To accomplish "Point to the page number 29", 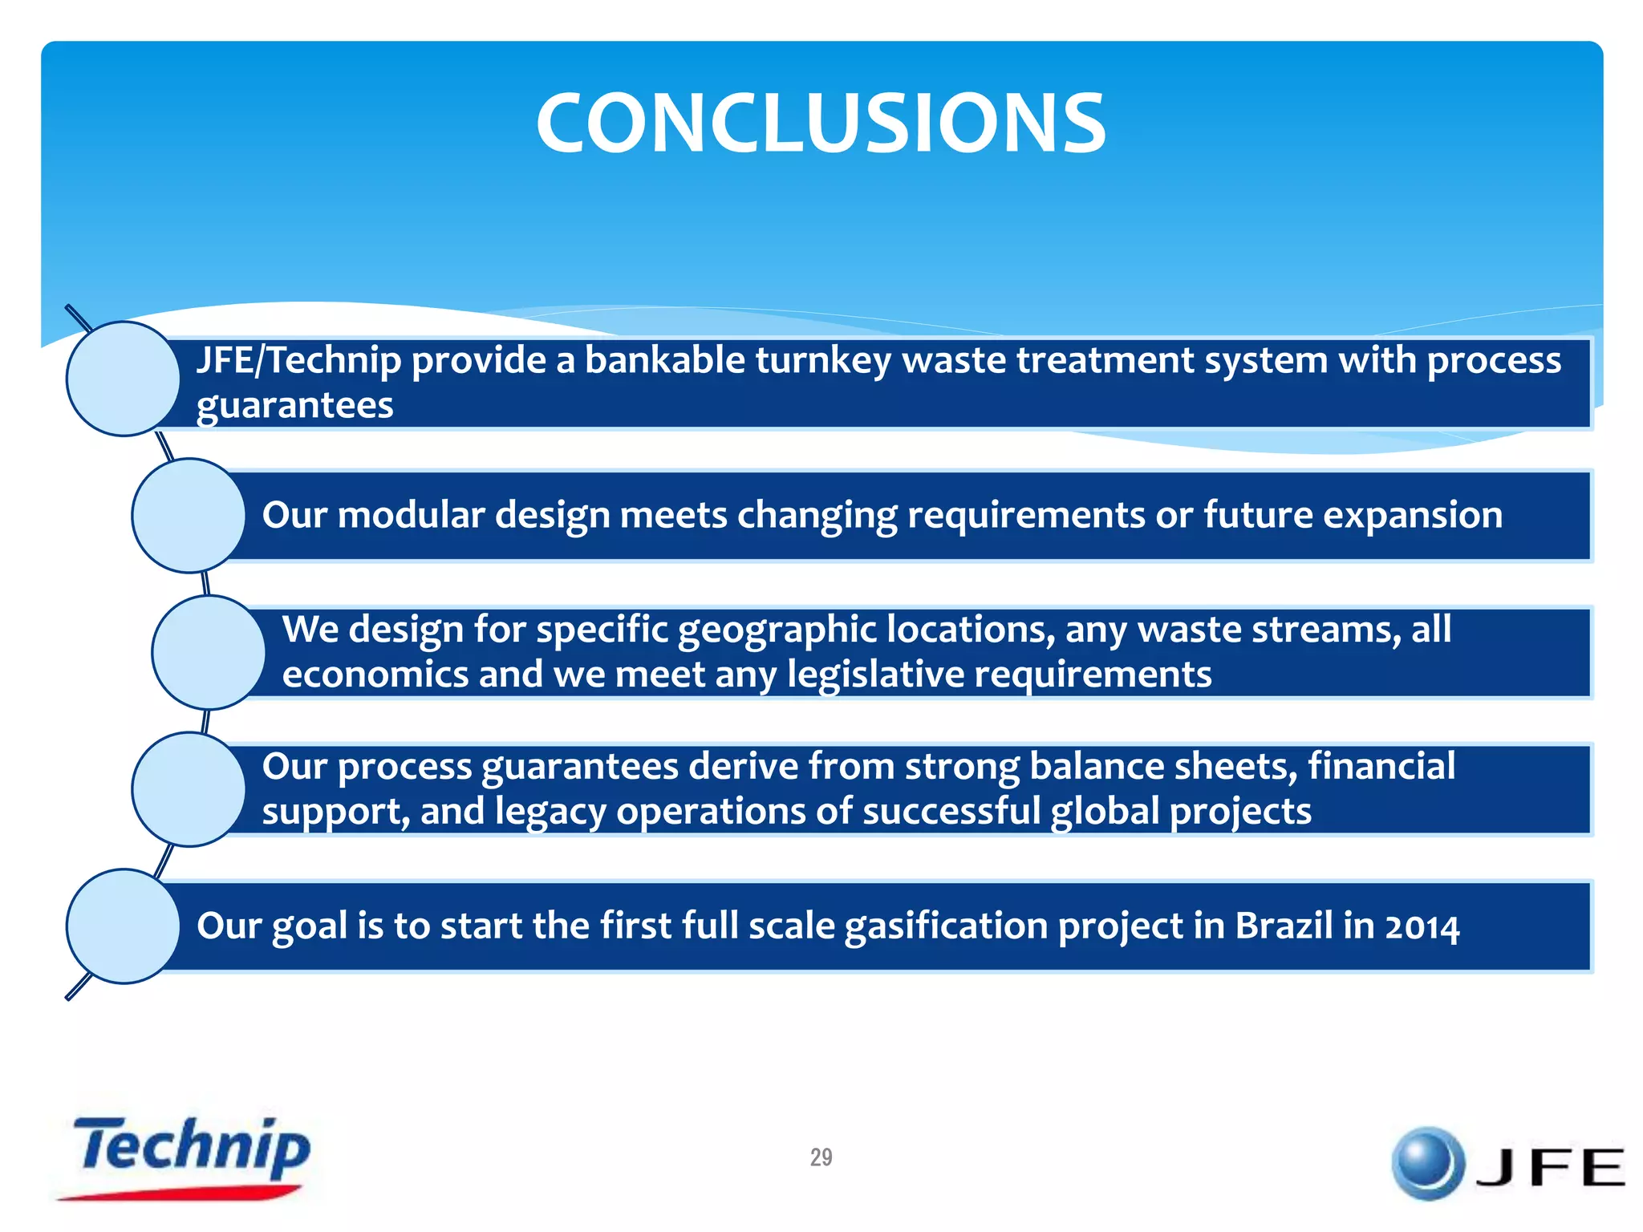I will tap(821, 1157).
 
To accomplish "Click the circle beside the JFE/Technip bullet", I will tap(123, 379).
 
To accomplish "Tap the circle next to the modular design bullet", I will tap(189, 516).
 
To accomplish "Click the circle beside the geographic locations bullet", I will tap(209, 652).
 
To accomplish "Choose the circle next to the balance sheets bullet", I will tap(189, 789).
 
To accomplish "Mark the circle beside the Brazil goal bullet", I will tap(123, 926).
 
